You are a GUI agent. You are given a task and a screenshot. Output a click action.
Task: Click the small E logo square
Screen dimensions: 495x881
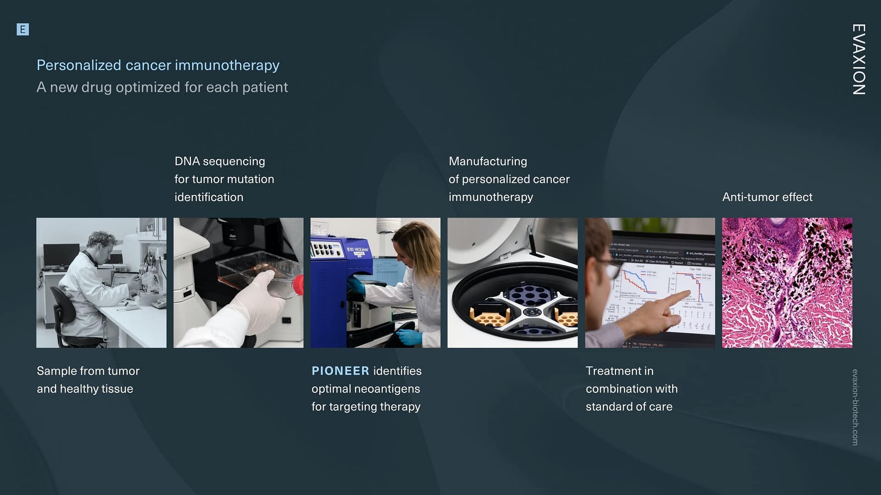pos(22,30)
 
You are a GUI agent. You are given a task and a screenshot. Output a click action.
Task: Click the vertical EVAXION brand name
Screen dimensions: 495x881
pos(859,60)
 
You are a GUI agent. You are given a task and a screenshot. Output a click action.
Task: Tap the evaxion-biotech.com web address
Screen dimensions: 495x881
pos(855,407)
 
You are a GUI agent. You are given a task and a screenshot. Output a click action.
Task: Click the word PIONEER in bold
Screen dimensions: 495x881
pos(340,371)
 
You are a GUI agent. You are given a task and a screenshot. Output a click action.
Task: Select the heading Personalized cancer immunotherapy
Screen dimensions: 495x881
pos(158,65)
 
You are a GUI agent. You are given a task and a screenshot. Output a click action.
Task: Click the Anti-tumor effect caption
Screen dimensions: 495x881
pos(767,197)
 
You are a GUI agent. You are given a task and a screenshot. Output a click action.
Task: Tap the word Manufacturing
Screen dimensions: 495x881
pos(488,161)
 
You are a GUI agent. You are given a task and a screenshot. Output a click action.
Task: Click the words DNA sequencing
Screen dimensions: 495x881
pos(219,161)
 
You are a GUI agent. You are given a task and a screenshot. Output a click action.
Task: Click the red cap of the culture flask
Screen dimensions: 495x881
pos(298,286)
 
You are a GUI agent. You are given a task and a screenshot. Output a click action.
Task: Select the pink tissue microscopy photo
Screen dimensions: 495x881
pos(787,282)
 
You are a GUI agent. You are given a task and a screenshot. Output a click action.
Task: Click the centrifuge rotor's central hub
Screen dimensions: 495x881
pos(531,313)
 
